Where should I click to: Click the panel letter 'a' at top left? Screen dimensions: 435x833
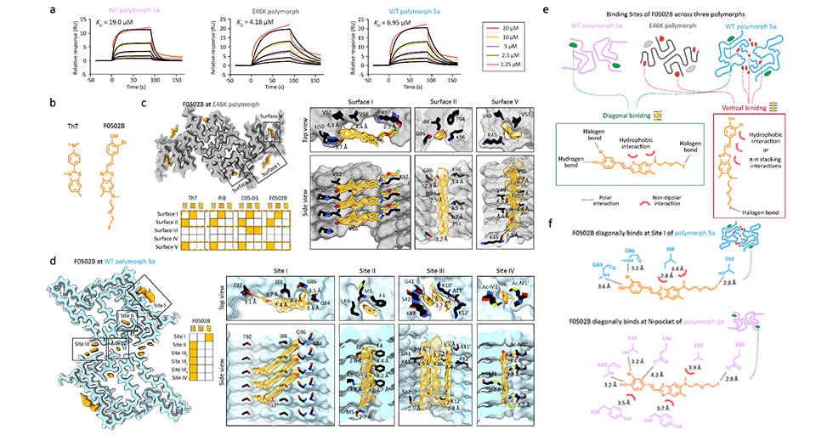point(77,9)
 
